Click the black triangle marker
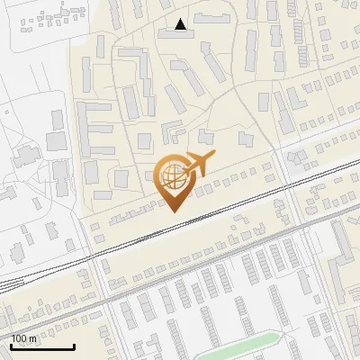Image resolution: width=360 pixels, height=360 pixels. pos(182,24)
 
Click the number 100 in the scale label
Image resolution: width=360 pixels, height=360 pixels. pos(20,338)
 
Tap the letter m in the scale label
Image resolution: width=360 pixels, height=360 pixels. pos(33,338)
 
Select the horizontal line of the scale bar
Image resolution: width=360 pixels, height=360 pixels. pos(41,347)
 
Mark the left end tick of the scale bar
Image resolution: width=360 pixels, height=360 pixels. pos(10,346)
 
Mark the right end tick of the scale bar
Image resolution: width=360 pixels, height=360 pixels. pos(74,346)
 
